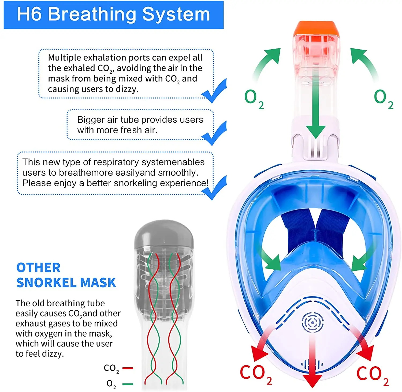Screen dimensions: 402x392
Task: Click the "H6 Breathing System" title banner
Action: pyautogui.click(x=114, y=15)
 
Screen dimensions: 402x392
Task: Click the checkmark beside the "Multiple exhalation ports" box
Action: pyautogui.click(x=214, y=91)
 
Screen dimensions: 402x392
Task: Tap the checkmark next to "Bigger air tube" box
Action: pyautogui.click(x=214, y=133)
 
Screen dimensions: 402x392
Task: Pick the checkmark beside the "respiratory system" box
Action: pyautogui.click(x=214, y=188)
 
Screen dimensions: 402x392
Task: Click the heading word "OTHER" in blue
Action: pyautogui.click(x=39, y=267)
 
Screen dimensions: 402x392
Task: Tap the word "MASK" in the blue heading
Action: pyautogui.click(x=98, y=283)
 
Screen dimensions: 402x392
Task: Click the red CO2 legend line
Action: pyautogui.click(x=128, y=368)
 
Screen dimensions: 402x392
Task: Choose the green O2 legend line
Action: pyautogui.click(x=128, y=384)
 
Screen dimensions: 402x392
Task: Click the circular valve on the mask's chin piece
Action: pyautogui.click(x=312, y=323)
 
